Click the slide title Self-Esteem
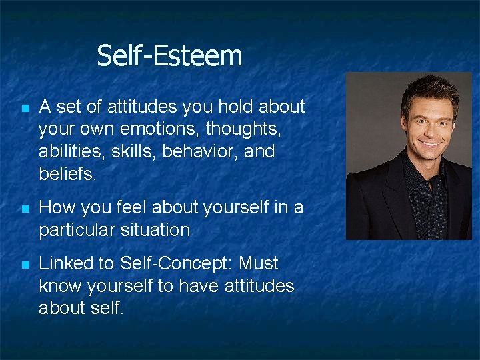169,55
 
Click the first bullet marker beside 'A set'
25,108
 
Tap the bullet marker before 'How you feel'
25,209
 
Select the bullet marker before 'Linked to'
25,265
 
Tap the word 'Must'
259,263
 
